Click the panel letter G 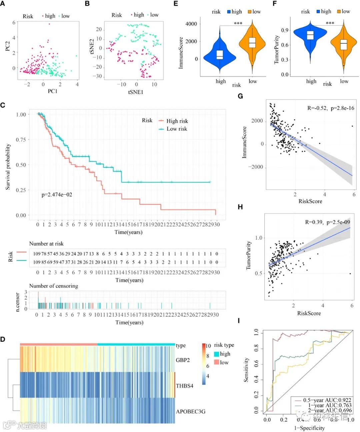pos(240,96)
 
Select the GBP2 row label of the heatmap pos(183,360)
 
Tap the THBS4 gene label pos(184,386)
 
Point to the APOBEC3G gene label pos(190,411)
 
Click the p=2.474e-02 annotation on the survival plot pos(57,195)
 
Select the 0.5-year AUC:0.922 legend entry pos(327,400)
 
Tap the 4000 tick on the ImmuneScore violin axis pos(191,24)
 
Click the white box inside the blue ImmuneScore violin pos(219,55)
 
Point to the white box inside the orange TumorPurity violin pos(344,44)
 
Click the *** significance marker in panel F pos(330,23)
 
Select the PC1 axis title pos(53,91)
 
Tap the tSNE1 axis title pos(136,92)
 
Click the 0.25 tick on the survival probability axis pos(21,190)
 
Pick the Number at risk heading pos(46,244)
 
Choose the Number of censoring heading pos(54,286)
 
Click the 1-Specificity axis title pos(309,428)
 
